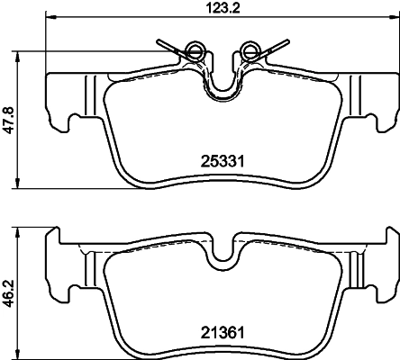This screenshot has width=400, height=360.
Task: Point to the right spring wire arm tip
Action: pos(286,39)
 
